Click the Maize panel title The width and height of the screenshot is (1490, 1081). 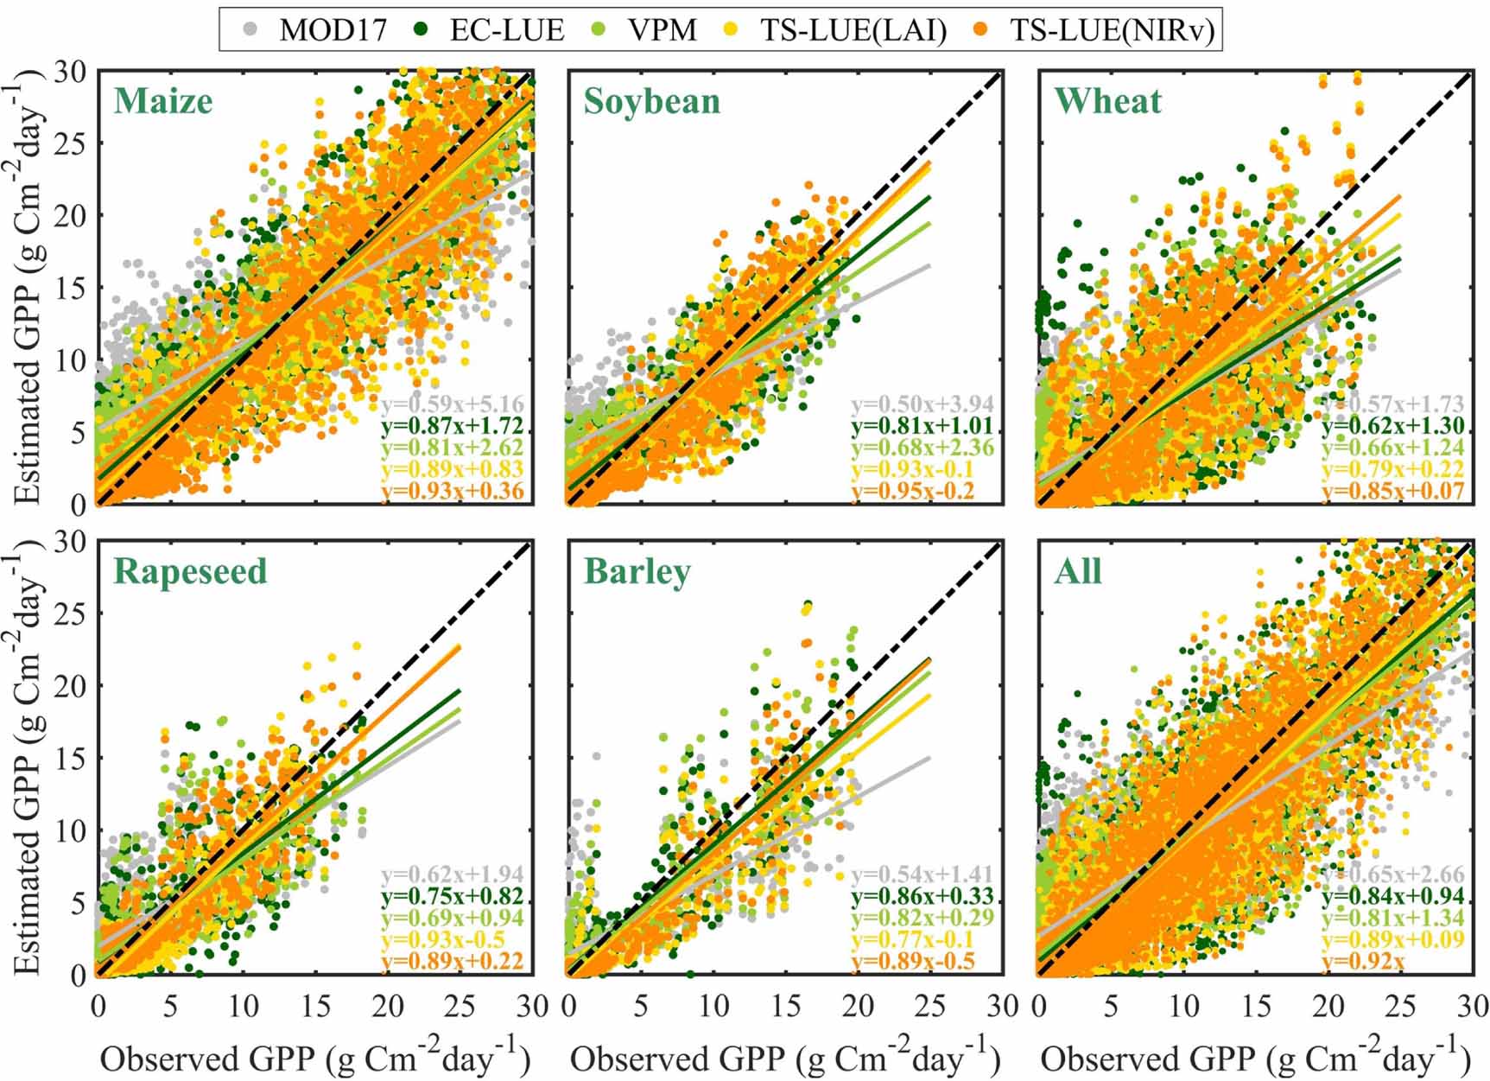click(163, 102)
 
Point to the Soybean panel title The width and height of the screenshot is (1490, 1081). click(652, 102)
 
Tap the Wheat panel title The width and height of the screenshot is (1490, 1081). click(1107, 102)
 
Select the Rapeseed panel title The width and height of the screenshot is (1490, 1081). click(190, 572)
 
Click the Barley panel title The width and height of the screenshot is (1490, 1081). click(637, 572)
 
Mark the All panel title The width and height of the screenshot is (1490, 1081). click(1077, 572)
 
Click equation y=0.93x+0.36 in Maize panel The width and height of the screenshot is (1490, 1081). click(452, 492)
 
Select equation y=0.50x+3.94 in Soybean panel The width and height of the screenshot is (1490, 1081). click(922, 404)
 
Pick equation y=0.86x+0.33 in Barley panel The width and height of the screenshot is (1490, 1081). click(922, 896)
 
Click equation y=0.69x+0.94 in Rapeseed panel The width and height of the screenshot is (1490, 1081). click(452, 918)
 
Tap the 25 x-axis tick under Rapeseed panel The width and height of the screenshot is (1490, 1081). click(460, 1007)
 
